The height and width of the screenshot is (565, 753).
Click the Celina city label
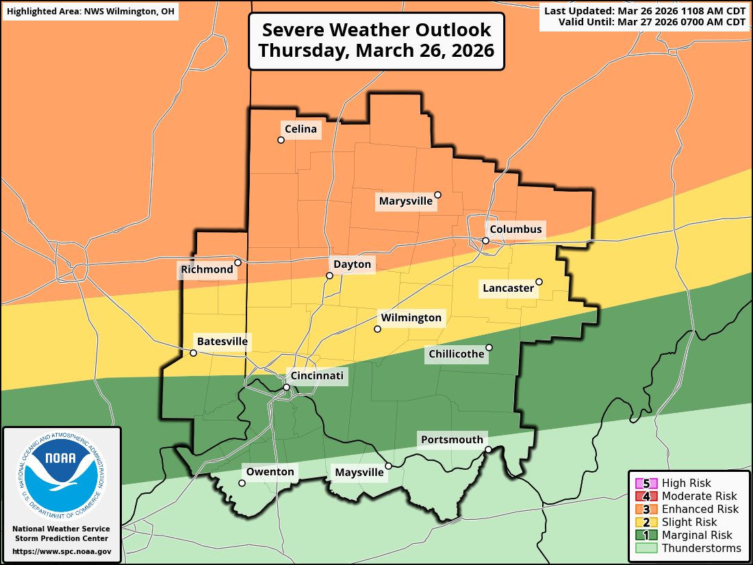[x=301, y=129]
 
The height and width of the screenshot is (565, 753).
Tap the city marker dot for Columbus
[x=485, y=240]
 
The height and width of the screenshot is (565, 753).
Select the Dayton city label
[x=352, y=264]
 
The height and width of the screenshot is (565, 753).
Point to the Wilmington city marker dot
[x=377, y=329]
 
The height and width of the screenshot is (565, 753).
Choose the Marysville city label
[x=406, y=201]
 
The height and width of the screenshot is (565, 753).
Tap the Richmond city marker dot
[x=238, y=262]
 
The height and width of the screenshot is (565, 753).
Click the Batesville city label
[x=222, y=341]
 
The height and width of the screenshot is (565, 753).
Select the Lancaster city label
[x=508, y=288]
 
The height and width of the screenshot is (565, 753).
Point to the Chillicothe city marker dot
[x=489, y=347]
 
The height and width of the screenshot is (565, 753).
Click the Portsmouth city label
[x=452, y=440]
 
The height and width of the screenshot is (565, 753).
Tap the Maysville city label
[x=359, y=473]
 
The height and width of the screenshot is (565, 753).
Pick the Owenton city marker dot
[x=242, y=483]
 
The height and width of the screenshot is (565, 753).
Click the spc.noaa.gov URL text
[x=62, y=551]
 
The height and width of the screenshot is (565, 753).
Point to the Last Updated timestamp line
[x=644, y=10]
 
